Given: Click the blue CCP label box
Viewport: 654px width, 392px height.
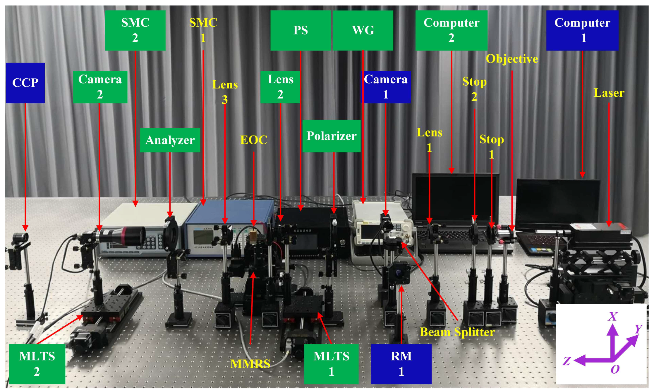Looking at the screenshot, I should pyautogui.click(x=25, y=83).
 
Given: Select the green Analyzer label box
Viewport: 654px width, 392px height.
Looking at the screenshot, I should pyautogui.click(x=170, y=140).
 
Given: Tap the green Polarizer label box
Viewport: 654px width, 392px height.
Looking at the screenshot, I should pyautogui.click(x=331, y=136).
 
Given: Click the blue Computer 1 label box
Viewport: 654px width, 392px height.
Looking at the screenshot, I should pyautogui.click(x=582, y=30).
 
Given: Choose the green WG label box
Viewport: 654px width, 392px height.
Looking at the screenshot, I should pyautogui.click(x=363, y=30).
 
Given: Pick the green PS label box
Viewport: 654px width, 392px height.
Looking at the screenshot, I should pyautogui.click(x=301, y=30).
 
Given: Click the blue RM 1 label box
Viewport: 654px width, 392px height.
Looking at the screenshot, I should pyautogui.click(x=401, y=364).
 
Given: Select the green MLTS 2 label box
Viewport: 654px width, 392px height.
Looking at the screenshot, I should pyautogui.click(x=37, y=364).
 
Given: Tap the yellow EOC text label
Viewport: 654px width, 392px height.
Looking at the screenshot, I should pyautogui.click(x=254, y=140).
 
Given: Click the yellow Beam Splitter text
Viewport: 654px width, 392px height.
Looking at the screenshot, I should pyautogui.click(x=457, y=332).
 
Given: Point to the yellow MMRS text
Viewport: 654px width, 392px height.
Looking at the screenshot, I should pyautogui.click(x=250, y=364).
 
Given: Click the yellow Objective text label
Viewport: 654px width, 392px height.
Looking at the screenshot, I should pyautogui.click(x=512, y=59).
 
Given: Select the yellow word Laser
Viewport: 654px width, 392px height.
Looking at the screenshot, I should pyautogui.click(x=609, y=93).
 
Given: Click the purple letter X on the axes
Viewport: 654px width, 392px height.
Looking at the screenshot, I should pyautogui.click(x=612, y=316).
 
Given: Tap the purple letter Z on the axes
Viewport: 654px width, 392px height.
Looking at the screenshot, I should pyautogui.click(x=567, y=361).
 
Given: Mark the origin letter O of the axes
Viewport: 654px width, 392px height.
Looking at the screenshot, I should pyautogui.click(x=615, y=370).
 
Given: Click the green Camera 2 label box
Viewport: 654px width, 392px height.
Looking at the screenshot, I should pyautogui.click(x=100, y=87).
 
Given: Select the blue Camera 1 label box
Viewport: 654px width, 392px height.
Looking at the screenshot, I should pyautogui.click(x=386, y=87).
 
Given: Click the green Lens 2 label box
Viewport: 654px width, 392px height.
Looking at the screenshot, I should pyautogui.click(x=280, y=87).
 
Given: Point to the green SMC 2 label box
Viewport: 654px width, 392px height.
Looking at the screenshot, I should pyautogui.click(x=135, y=30).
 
